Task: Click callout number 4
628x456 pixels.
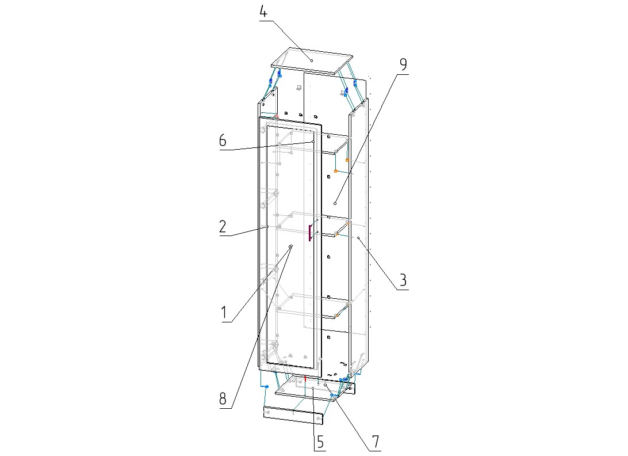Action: click(x=263, y=12)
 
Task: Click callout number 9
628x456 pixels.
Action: click(x=403, y=64)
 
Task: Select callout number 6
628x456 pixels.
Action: click(x=223, y=140)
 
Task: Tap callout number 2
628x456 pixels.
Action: click(x=223, y=227)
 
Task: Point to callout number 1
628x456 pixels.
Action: click(x=224, y=313)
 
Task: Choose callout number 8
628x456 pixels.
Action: click(x=223, y=398)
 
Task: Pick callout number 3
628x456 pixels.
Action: click(x=403, y=280)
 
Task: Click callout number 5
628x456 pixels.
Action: click(x=320, y=442)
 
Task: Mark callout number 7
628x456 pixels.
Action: click(x=376, y=442)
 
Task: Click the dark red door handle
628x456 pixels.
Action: click(x=310, y=233)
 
